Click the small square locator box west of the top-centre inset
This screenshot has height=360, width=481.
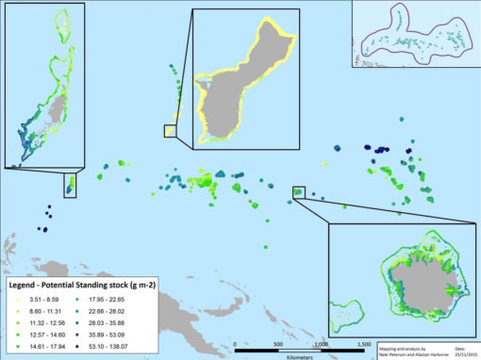[x=170, y=131]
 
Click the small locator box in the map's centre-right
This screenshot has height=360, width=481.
[x=299, y=192]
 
